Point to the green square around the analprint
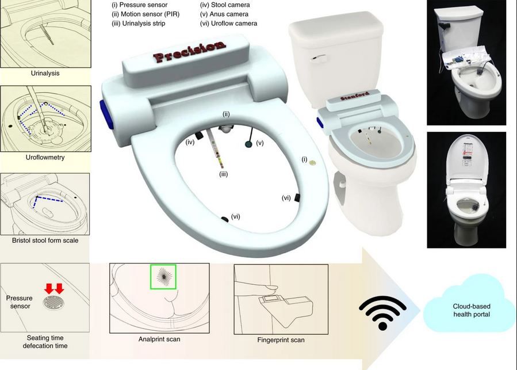(163, 277)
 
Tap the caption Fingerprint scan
(281, 340)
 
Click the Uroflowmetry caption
(45, 157)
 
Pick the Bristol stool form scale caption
(45, 240)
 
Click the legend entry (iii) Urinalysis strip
(141, 24)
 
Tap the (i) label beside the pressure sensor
(305, 155)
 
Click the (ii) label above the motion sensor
(227, 115)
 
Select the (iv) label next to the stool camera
(190, 141)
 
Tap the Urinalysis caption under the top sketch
(45, 74)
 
